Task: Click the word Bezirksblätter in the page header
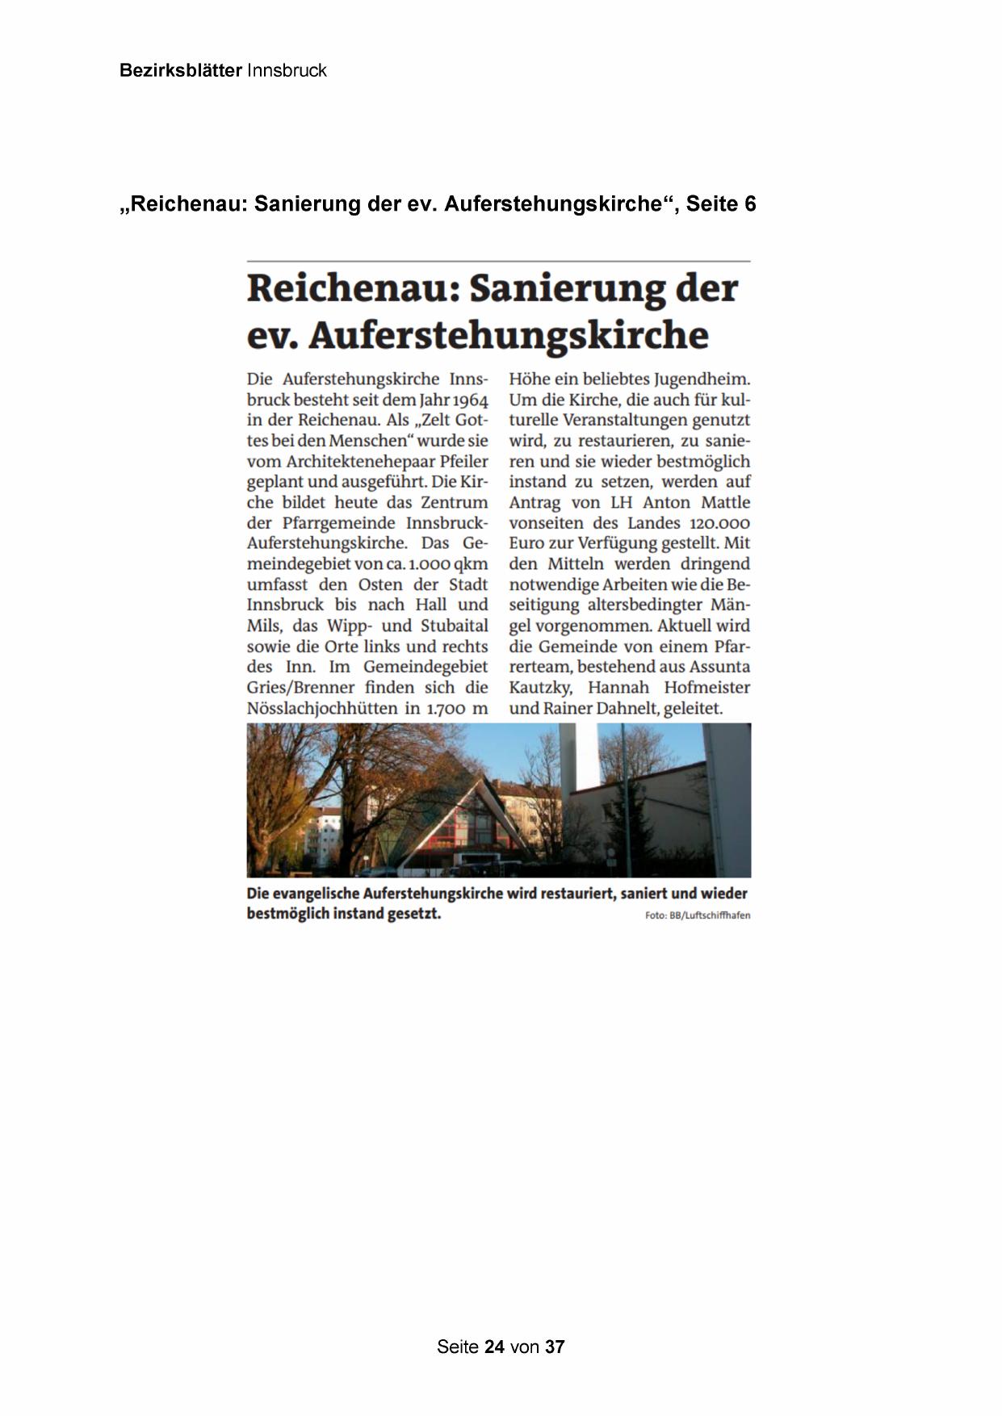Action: point(180,70)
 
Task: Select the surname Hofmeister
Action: point(706,688)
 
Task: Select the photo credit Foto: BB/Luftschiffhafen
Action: point(698,915)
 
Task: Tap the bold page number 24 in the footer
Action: point(494,1347)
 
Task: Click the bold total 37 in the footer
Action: point(555,1347)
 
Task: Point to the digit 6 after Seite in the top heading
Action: point(750,204)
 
